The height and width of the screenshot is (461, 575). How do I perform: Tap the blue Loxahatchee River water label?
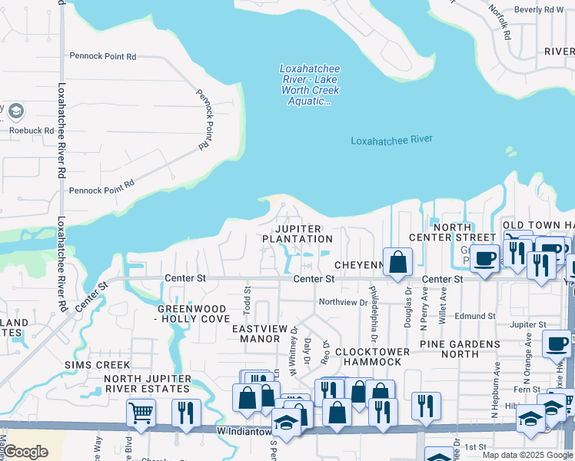pyautogui.click(x=391, y=140)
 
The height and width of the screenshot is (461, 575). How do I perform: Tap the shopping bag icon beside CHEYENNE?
pyautogui.click(x=397, y=260)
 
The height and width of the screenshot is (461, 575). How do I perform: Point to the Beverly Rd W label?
pyautogui.click(x=539, y=10)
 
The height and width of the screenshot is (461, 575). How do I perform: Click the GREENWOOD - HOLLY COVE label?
pyautogui.click(x=193, y=313)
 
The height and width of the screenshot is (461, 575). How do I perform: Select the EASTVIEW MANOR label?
pyautogui.click(x=260, y=333)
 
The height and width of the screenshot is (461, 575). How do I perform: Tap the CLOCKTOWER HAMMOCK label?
pyautogui.click(x=372, y=357)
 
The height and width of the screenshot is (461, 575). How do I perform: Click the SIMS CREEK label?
pyautogui.click(x=97, y=364)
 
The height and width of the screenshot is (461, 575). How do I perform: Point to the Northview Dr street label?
pyautogui.click(x=343, y=303)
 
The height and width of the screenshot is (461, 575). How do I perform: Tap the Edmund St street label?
pyautogui.click(x=475, y=316)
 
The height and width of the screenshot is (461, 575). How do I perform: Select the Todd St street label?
pyautogui.click(x=248, y=296)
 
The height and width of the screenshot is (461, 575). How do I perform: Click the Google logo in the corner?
pyautogui.click(x=26, y=452)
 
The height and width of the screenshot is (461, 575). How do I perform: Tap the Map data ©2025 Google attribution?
pyautogui.click(x=527, y=455)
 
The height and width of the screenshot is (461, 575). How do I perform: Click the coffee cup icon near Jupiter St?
pyautogui.click(x=556, y=343)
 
